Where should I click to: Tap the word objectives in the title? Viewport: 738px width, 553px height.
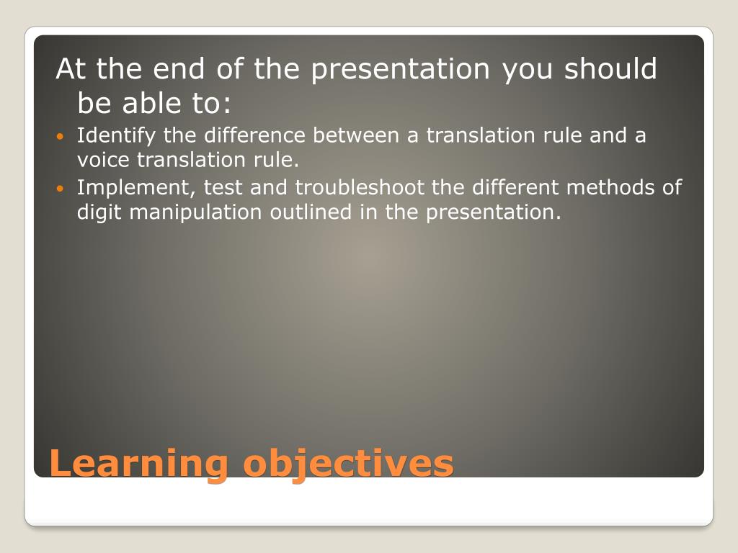tap(348, 464)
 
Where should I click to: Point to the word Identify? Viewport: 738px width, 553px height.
tap(116, 136)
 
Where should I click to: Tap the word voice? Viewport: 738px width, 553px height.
tap(103, 161)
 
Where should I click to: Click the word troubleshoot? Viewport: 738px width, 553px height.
tap(360, 188)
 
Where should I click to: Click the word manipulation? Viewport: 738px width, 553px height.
tap(195, 212)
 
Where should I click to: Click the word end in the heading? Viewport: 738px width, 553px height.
tap(179, 68)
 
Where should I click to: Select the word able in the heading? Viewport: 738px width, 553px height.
tap(151, 103)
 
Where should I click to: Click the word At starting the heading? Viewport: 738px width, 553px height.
tap(71, 68)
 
